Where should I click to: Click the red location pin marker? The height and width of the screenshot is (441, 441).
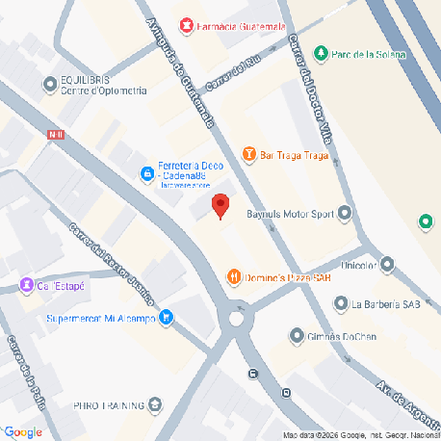tap(220, 205)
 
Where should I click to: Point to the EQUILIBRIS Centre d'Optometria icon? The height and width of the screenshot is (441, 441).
tap(49, 85)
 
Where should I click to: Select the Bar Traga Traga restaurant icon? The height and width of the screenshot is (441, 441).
tap(249, 153)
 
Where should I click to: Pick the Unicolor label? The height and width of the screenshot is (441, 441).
tap(360, 264)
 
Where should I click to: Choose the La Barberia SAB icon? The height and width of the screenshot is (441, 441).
tap(339, 304)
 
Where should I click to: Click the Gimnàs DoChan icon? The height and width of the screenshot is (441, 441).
tap(297, 335)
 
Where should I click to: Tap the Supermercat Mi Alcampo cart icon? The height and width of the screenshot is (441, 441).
tap(166, 315)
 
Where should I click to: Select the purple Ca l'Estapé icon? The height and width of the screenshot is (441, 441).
tap(26, 285)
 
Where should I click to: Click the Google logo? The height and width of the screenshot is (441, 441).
tap(22, 431)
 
